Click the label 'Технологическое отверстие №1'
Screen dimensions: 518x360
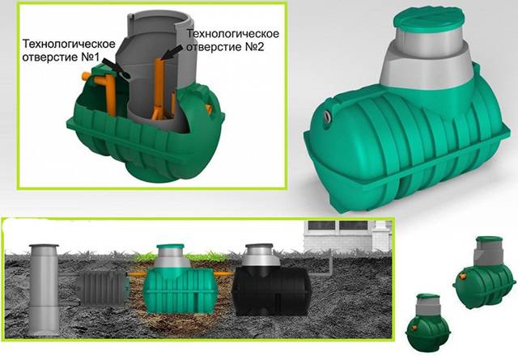pos(69,50)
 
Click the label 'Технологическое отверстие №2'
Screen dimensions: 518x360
pos(232,40)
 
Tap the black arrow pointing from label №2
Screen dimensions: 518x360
pos(172,53)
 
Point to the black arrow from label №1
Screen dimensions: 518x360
pos(117,69)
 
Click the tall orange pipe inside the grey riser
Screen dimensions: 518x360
pos(159,88)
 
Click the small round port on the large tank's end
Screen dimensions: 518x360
pos(327,115)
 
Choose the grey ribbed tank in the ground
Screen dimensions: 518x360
pos(103,288)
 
